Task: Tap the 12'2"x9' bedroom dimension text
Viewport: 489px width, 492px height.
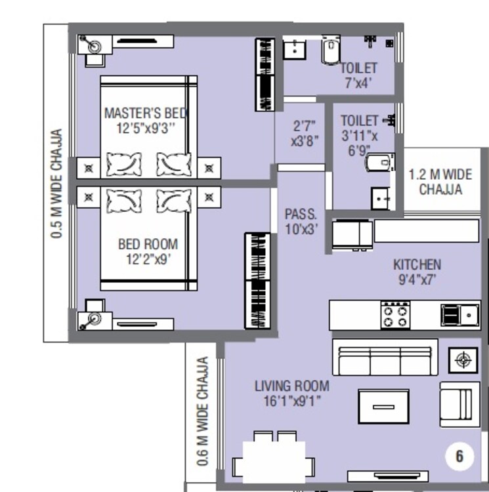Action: tap(148, 259)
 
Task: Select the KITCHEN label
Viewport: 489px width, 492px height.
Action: tap(417, 264)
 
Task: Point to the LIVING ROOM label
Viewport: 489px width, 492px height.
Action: tap(292, 386)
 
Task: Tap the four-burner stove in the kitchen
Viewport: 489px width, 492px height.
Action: tap(396, 315)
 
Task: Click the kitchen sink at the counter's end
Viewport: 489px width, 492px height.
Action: tap(459, 315)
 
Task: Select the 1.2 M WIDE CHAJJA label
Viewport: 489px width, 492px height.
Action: tap(440, 182)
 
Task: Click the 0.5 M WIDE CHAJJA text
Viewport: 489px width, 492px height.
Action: tap(57, 183)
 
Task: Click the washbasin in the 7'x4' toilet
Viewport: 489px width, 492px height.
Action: tap(295, 49)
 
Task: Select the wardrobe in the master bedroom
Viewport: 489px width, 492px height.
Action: tap(265, 75)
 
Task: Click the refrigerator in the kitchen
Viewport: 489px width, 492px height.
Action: tap(352, 234)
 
